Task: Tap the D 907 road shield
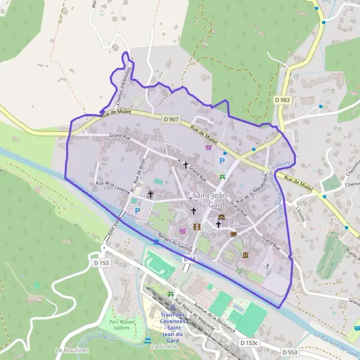[171, 120]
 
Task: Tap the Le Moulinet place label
[67, 350]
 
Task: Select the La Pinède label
[162, 347]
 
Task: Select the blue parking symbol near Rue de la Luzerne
[137, 211]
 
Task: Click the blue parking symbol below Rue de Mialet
[222, 161]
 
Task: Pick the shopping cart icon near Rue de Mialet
[208, 147]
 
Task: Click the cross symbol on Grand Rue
[185, 164]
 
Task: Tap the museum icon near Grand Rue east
[245, 255]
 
